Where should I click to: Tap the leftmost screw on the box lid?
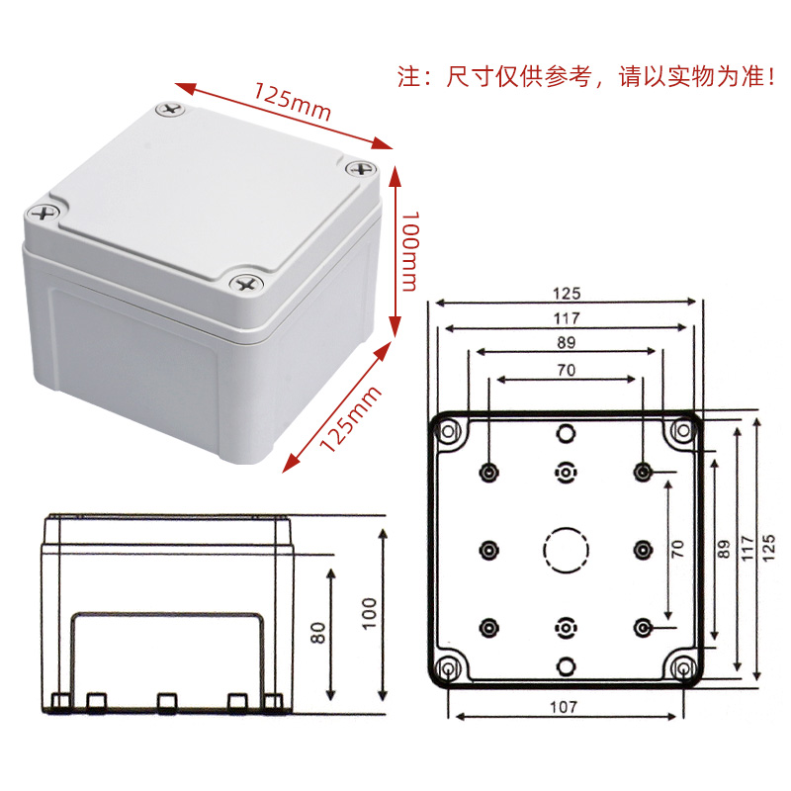pyautogui.click(x=43, y=212)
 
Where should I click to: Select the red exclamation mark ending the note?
pyautogui.click(x=771, y=78)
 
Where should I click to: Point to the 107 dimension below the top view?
pyautogui.click(x=565, y=707)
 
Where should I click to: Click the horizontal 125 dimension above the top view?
pyautogui.click(x=566, y=293)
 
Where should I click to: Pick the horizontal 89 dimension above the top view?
pyautogui.click(x=566, y=342)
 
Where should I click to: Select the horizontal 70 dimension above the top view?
pyautogui.click(x=566, y=370)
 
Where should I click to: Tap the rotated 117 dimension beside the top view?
pyautogui.click(x=747, y=548)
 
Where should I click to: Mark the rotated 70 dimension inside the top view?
pyautogui.click(x=677, y=549)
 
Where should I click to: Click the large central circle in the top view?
pyautogui.click(x=566, y=550)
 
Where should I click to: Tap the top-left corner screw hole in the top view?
pyautogui.click(x=450, y=432)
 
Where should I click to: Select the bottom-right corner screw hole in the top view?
pyautogui.click(x=683, y=669)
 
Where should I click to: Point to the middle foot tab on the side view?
pyautogui.click(x=166, y=701)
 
